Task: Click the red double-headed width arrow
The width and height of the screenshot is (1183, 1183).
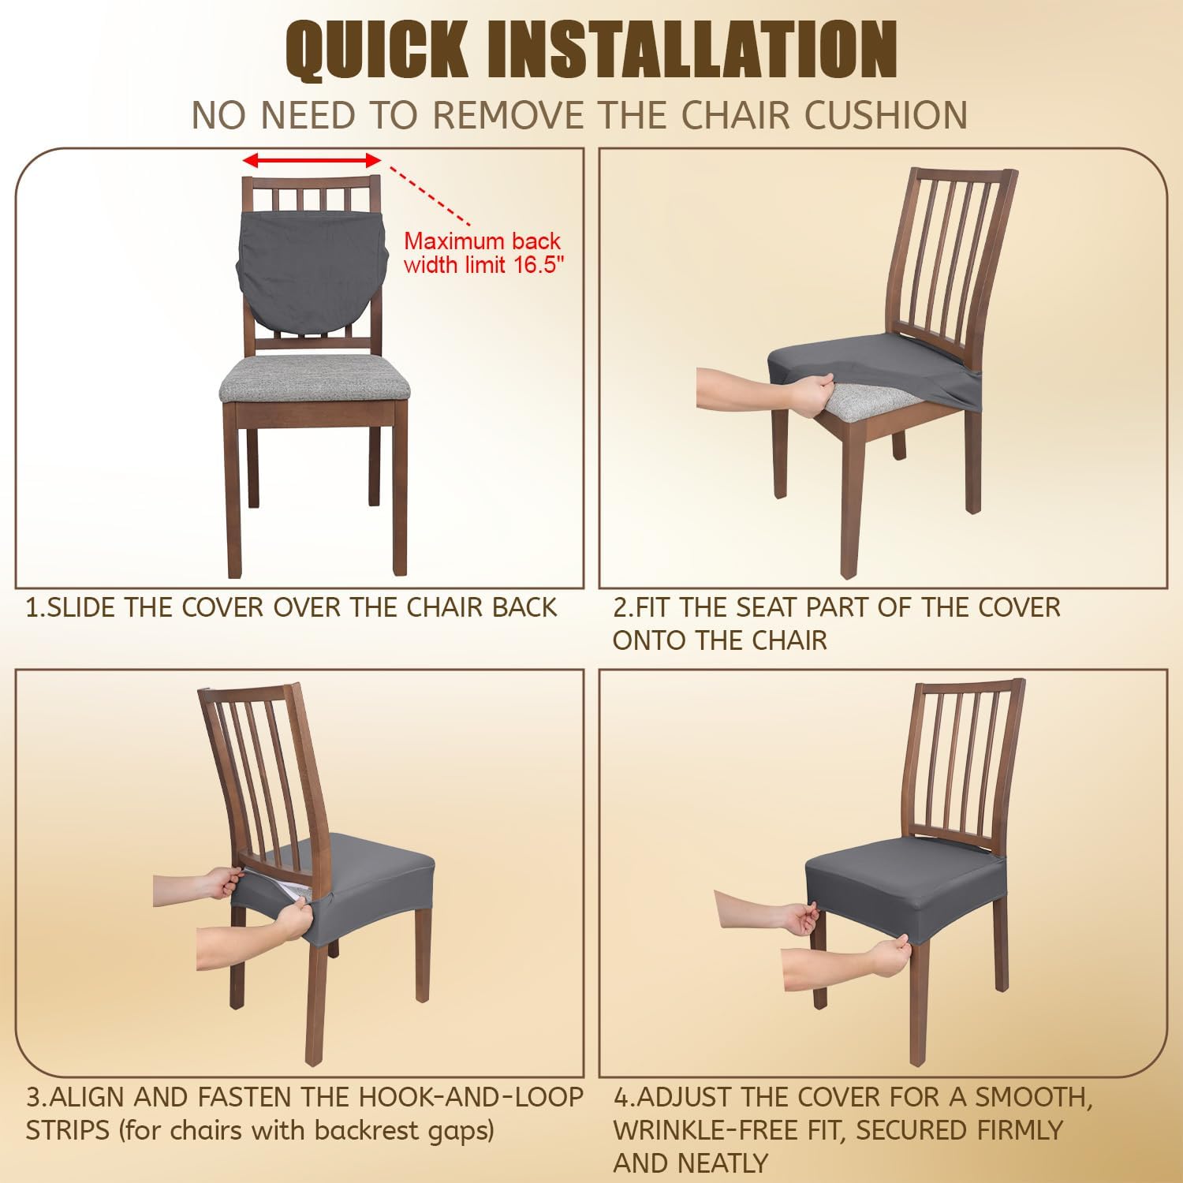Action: (312, 161)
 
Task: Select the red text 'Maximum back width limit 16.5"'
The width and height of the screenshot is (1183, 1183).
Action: (483, 252)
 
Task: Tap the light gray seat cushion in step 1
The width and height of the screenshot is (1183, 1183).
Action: (315, 377)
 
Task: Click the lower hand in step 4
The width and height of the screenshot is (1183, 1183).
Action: (887, 956)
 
